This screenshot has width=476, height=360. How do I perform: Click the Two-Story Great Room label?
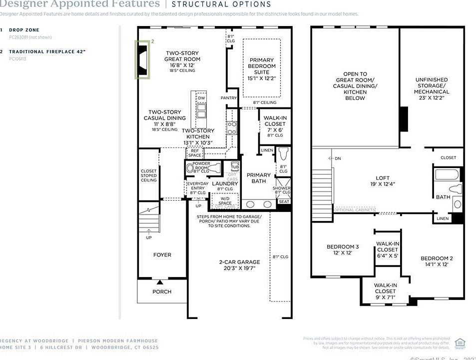pos(182,59)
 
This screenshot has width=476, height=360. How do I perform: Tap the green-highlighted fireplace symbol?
pos(143,59)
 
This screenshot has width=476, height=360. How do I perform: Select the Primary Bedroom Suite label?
pos(262,69)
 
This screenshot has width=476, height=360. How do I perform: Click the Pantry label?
pos(228,98)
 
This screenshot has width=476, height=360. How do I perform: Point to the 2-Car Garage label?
pos(239,265)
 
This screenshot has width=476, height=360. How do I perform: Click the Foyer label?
pos(162,255)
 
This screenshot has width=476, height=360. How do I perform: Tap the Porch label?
pos(162,291)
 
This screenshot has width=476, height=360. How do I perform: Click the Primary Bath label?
pos(259,178)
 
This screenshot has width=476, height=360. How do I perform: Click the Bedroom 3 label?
pos(343,249)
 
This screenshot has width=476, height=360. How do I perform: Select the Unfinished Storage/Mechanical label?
pos(432,88)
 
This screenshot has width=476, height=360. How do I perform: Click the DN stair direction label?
pos(338,158)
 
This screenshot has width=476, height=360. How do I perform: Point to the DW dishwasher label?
pos(201,98)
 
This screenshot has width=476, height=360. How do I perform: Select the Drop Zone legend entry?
pos(24,30)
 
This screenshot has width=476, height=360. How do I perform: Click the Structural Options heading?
pos(221,4)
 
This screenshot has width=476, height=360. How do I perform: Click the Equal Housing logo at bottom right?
pos(461,342)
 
